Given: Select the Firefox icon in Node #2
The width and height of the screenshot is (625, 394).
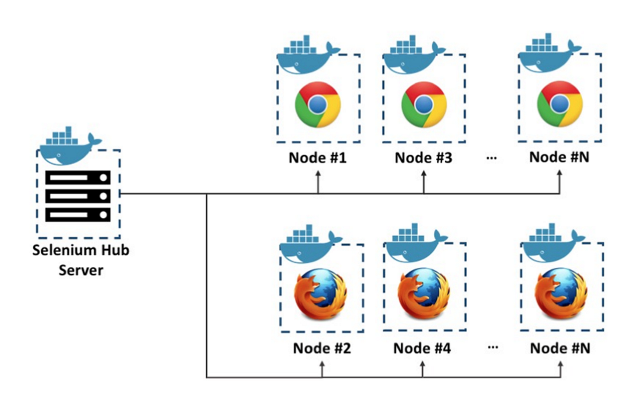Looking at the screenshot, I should pyautogui.click(x=321, y=294).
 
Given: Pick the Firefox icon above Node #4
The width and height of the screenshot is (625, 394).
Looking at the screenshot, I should pyautogui.click(x=424, y=294).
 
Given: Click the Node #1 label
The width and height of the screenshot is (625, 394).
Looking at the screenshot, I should pyautogui.click(x=318, y=157).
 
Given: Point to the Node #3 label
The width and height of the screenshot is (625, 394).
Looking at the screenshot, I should pyautogui.click(x=423, y=157).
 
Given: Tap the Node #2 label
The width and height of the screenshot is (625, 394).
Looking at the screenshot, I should pyautogui.click(x=322, y=348).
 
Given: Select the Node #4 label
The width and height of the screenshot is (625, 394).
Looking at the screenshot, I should pyautogui.click(x=422, y=348).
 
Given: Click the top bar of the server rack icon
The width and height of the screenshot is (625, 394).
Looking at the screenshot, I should pyautogui.click(x=78, y=178).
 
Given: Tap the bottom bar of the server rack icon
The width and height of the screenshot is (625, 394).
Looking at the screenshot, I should pyautogui.click(x=78, y=214).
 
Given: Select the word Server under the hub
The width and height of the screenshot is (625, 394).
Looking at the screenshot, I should pyautogui.click(x=81, y=270).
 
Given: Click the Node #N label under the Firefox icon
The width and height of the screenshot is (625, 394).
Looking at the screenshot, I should pyautogui.click(x=560, y=348).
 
